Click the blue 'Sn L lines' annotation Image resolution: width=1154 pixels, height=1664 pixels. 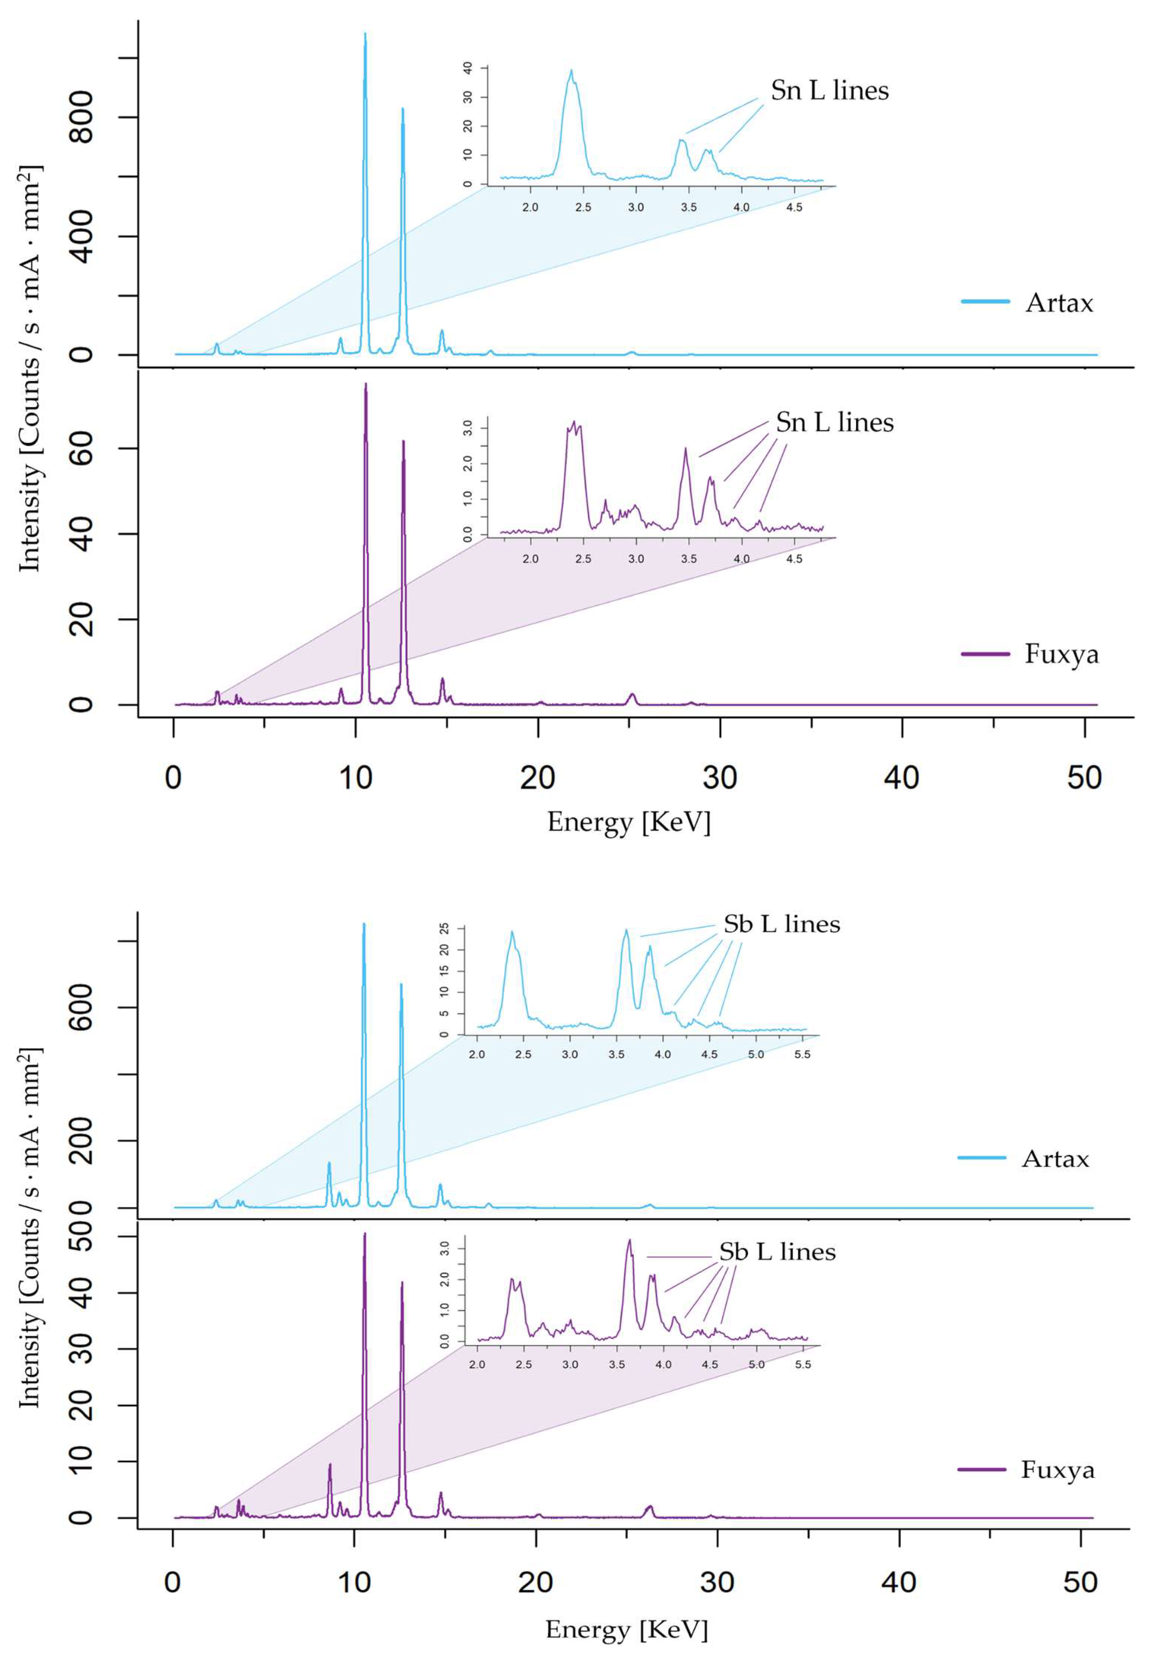[829, 90]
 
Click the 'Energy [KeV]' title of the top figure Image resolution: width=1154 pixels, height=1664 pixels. [628, 822]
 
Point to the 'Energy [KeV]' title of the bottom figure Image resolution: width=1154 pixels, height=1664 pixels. [626, 1629]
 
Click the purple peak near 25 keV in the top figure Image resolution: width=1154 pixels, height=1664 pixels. [632, 695]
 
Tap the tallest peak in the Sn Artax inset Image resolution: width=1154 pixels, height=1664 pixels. [571, 71]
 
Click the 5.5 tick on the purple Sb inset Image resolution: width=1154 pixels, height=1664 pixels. [803, 1364]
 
